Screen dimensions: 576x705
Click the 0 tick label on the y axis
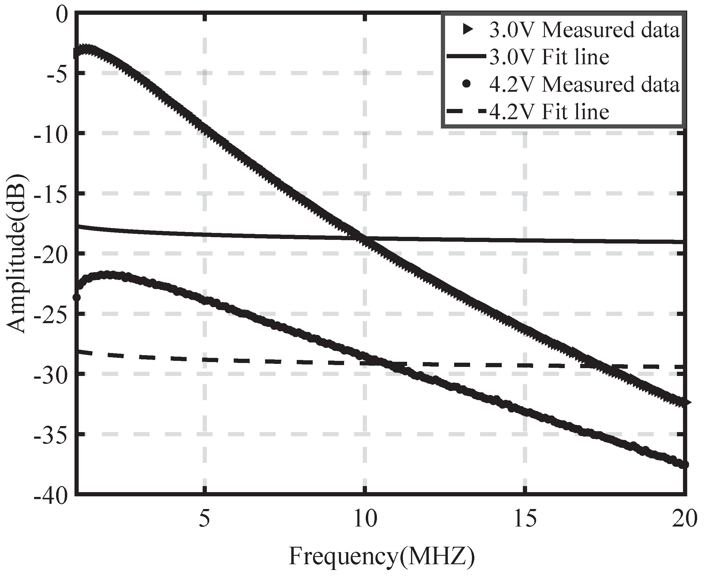point(62,15)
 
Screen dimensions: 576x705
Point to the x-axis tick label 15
point(525,519)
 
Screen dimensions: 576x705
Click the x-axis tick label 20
point(684,519)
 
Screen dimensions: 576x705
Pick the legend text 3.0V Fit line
point(549,57)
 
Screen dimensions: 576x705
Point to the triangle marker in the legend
point(468,30)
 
